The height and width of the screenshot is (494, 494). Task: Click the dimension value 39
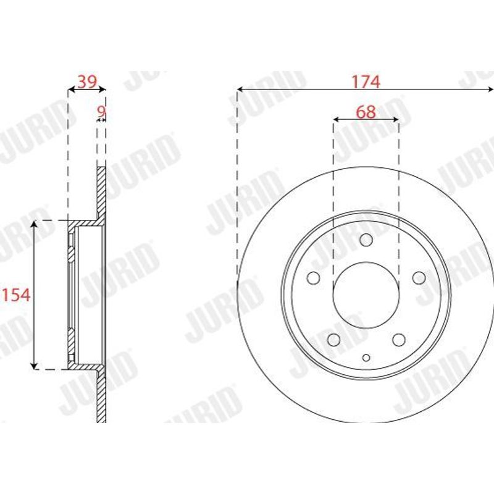coord(87,82)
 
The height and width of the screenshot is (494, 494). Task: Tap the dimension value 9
coord(101,111)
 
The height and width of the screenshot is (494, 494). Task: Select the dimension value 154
coord(17,295)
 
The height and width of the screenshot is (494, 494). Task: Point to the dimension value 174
coord(366,82)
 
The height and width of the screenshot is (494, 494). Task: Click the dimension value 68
coord(366,112)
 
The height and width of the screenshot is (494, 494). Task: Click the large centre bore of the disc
coord(366,295)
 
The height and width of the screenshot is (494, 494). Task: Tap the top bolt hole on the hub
coord(366,240)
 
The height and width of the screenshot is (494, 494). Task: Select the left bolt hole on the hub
coord(314,278)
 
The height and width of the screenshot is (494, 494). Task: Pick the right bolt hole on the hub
coord(419,278)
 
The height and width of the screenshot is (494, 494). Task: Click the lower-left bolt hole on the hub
coord(333,340)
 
